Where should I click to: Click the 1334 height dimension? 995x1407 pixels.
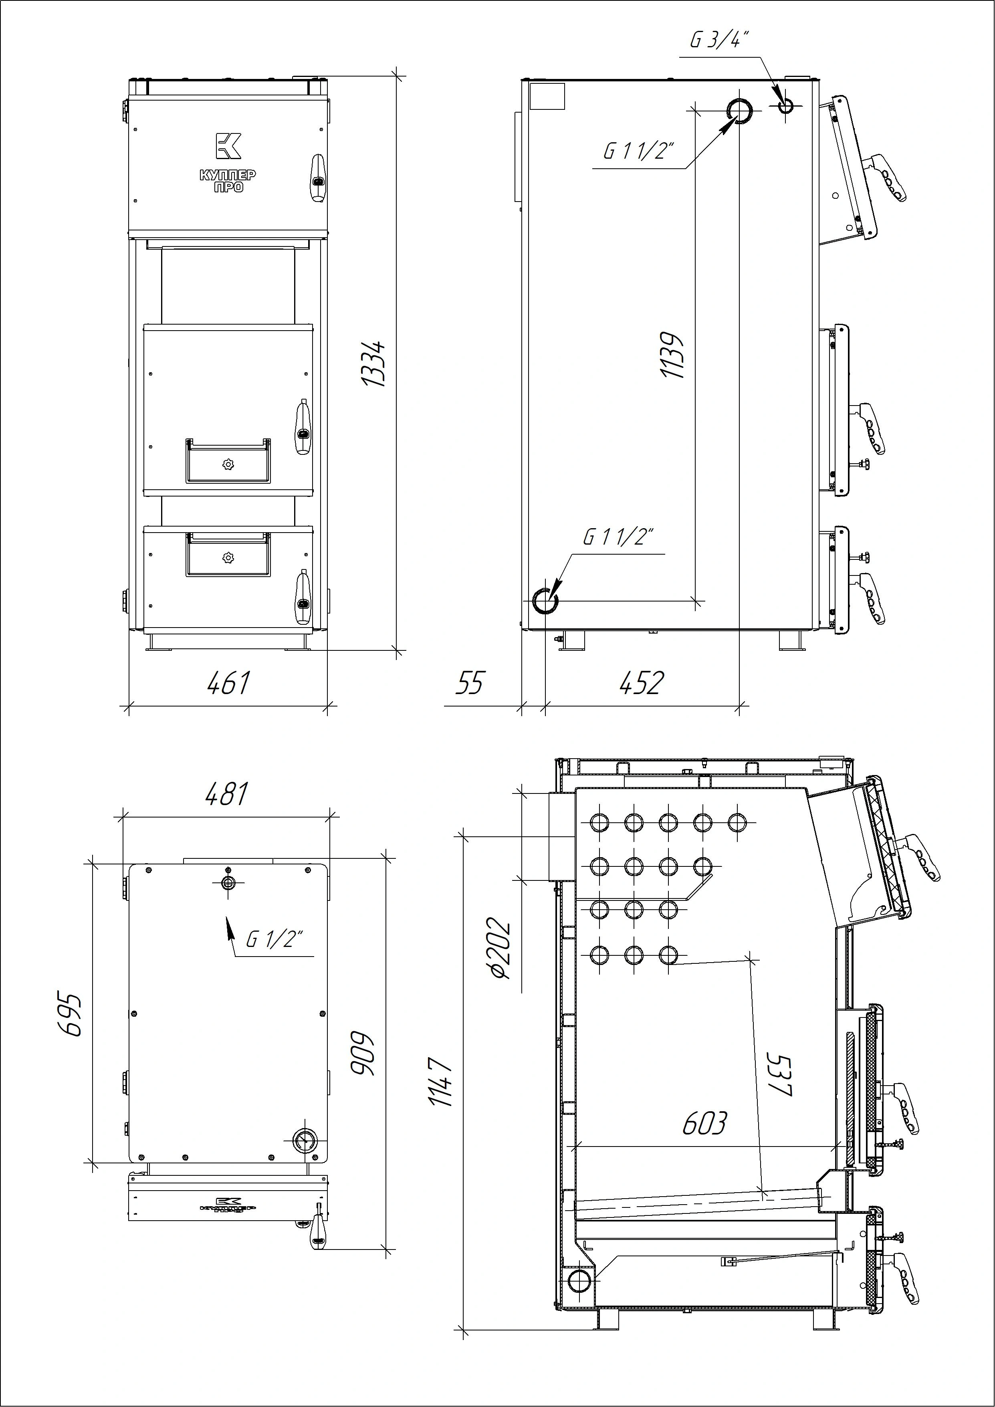[374, 363]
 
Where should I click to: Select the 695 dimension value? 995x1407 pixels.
[71, 1014]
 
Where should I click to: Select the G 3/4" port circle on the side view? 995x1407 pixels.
[785, 107]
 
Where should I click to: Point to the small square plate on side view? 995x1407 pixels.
[547, 96]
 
